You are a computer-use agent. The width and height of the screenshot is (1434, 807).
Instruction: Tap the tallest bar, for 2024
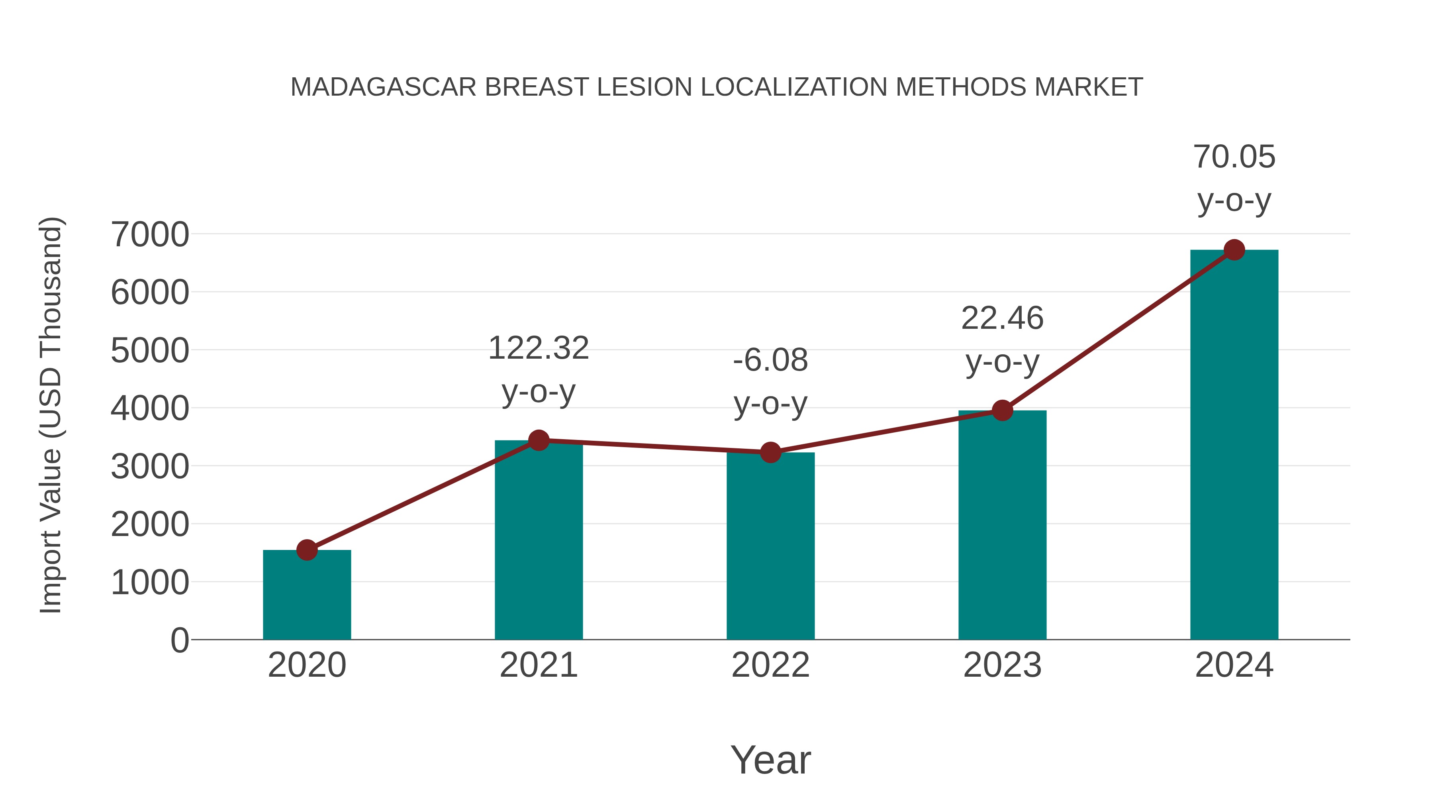(1234, 446)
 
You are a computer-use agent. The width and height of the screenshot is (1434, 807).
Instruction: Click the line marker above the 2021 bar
(538, 440)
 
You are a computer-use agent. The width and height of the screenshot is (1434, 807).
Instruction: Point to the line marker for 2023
(1002, 410)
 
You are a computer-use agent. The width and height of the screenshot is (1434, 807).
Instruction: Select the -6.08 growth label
(770, 360)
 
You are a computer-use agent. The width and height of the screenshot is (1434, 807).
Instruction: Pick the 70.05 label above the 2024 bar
(1234, 157)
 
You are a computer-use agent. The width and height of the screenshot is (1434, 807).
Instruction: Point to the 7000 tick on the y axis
(150, 234)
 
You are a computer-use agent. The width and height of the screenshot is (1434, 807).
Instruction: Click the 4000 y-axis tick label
(150, 408)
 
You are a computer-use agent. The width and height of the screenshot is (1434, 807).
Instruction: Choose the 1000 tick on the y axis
(150, 583)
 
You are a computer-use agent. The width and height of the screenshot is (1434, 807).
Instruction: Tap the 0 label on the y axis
(179, 640)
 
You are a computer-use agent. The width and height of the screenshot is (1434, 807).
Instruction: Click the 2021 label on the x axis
(538, 665)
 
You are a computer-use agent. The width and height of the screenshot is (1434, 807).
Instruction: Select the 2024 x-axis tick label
(1234, 665)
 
